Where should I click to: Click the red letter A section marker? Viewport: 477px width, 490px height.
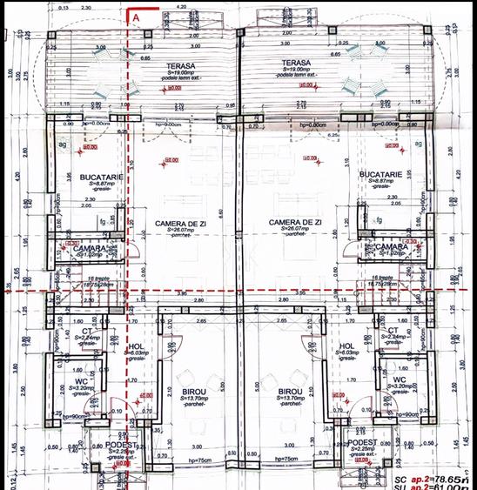135,16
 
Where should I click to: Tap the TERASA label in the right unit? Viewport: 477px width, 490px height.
296,64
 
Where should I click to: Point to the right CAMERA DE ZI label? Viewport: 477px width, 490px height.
296,223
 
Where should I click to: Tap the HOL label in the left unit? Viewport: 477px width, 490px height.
135,345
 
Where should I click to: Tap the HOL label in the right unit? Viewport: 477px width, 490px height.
346,345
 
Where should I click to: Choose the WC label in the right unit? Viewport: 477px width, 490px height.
399,380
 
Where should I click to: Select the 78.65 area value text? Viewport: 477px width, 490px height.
449,480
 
